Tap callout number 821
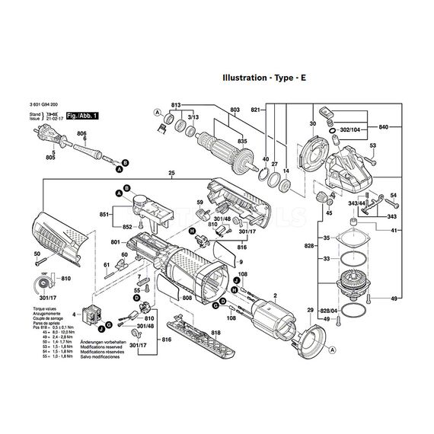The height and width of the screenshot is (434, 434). pos(256,110)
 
